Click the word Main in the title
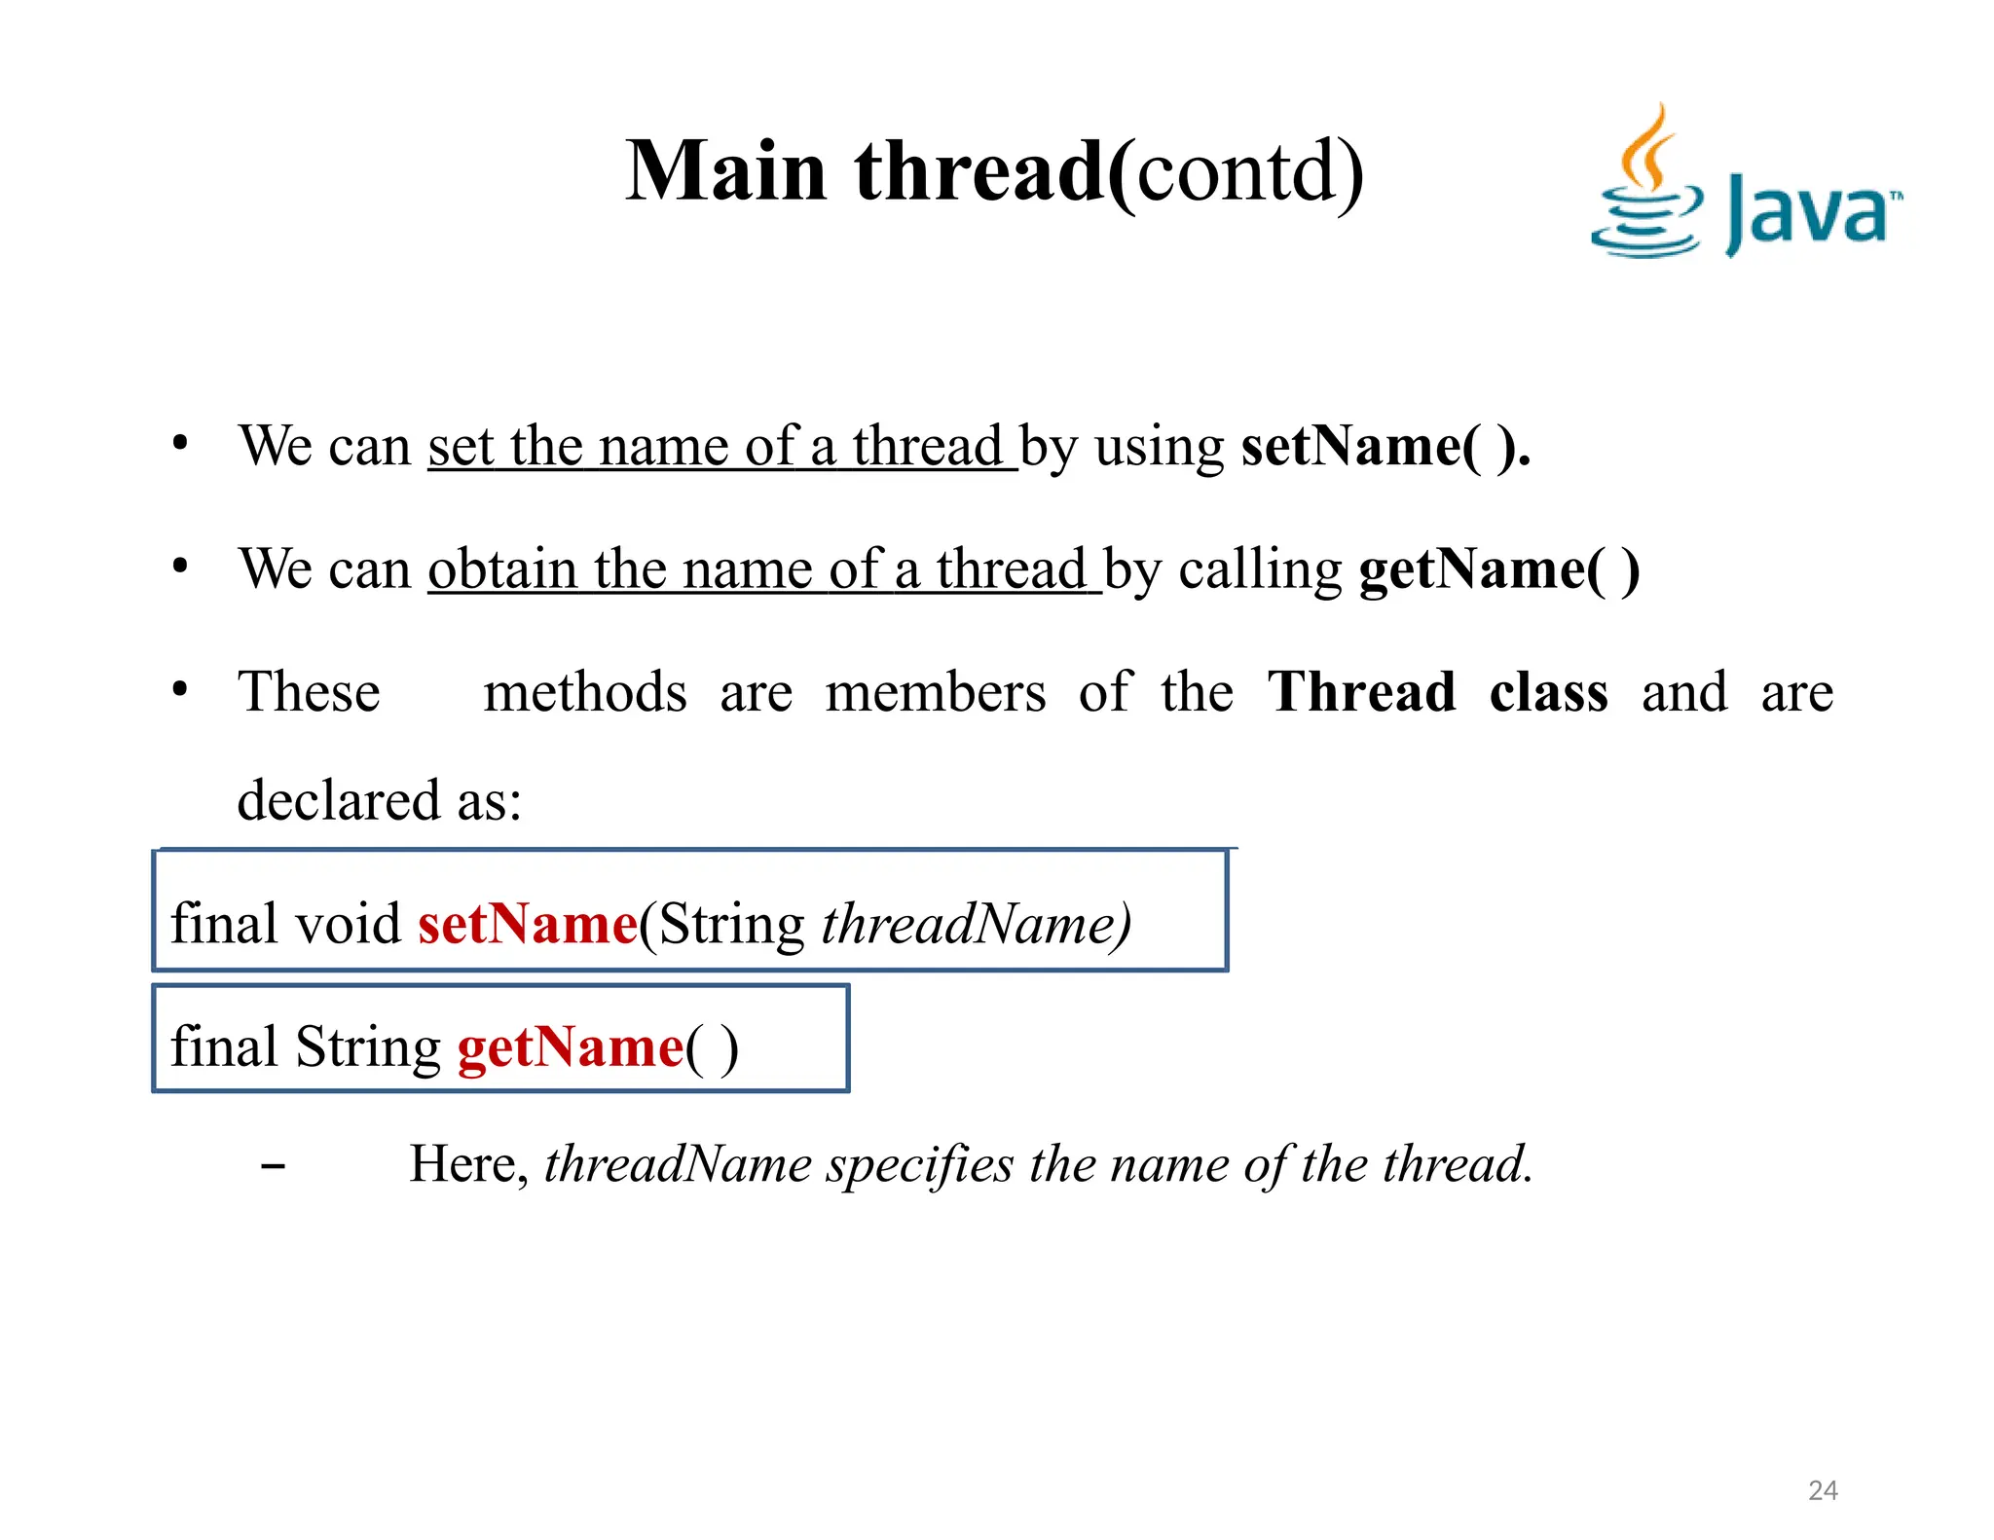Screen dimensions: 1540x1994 [x=725, y=171]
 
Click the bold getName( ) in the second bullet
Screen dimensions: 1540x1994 [x=1498, y=569]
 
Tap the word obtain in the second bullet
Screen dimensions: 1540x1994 [x=502, y=569]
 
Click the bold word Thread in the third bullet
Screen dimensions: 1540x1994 [x=1361, y=692]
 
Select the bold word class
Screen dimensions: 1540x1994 [x=1548, y=692]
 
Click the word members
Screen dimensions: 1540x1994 [x=935, y=692]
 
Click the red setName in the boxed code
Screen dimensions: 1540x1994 [x=528, y=924]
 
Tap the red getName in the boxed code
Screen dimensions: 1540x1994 [x=571, y=1047]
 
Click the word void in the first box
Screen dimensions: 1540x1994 [x=348, y=924]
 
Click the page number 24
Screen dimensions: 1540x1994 [x=1823, y=1490]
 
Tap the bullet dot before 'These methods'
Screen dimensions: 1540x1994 [x=180, y=690]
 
